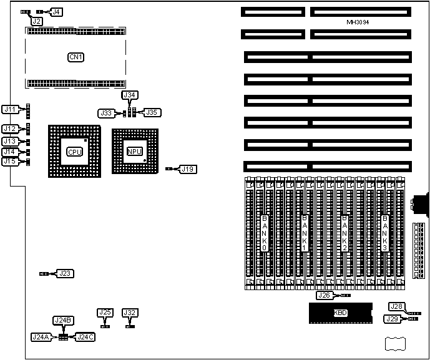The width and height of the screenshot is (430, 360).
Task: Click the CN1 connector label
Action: (x=76, y=57)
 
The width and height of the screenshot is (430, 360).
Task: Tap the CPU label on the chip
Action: (x=73, y=151)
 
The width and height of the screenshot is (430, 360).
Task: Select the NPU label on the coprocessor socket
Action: (x=134, y=151)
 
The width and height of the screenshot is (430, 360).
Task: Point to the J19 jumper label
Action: (x=188, y=168)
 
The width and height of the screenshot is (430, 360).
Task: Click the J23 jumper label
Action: (x=65, y=273)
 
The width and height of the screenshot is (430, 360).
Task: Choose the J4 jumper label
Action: (x=56, y=12)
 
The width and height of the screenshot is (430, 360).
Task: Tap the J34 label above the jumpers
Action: (x=130, y=95)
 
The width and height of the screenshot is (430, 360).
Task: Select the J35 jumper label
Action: (x=152, y=113)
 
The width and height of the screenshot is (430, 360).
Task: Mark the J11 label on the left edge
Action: (x=10, y=109)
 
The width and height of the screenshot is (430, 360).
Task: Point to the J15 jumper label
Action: (x=10, y=162)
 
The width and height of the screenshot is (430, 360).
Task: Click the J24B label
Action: (x=64, y=321)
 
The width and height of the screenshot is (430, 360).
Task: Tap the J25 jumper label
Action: (x=105, y=313)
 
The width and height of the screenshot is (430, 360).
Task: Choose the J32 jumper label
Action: (x=130, y=313)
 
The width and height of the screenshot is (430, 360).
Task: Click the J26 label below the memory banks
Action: (x=324, y=295)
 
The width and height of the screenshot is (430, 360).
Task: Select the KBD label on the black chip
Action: (x=340, y=313)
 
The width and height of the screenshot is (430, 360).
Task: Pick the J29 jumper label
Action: (x=391, y=319)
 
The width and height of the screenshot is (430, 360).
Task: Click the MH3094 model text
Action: (x=359, y=22)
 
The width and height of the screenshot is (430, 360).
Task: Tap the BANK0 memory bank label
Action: (x=264, y=233)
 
